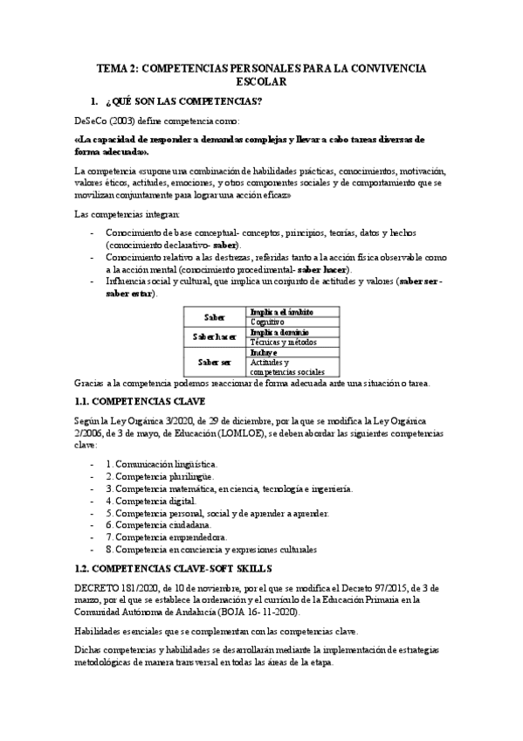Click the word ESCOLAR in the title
click(x=261, y=81)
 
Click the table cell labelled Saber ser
click(x=214, y=362)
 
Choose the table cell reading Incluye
click(x=264, y=352)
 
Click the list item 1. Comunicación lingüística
click(x=162, y=465)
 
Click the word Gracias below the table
click(x=90, y=383)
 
